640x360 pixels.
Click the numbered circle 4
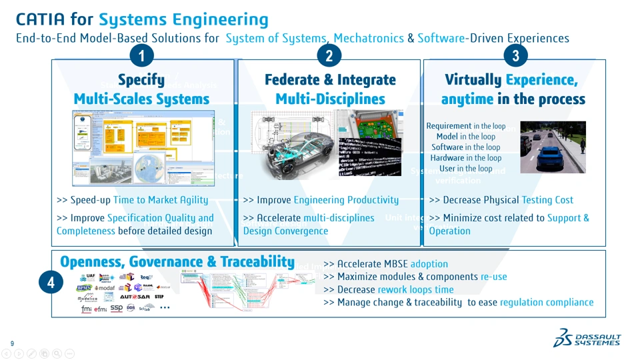click(x=51, y=283)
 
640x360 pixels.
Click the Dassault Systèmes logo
click(x=587, y=338)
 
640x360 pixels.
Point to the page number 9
click(x=12, y=343)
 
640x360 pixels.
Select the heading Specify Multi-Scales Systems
click(x=141, y=89)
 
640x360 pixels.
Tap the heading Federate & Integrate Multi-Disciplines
click(x=330, y=89)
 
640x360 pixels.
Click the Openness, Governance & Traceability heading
click(x=177, y=262)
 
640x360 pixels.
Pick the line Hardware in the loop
click(x=466, y=158)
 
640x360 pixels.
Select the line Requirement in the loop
click(x=466, y=126)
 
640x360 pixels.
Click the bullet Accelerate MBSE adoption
click(x=385, y=264)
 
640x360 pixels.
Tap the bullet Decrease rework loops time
click(x=388, y=289)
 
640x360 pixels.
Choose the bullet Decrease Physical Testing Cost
click(x=501, y=200)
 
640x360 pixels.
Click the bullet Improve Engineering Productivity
click(x=321, y=200)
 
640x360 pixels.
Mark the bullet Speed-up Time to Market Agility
click(x=132, y=200)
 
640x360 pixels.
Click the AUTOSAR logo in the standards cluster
click(x=135, y=297)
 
